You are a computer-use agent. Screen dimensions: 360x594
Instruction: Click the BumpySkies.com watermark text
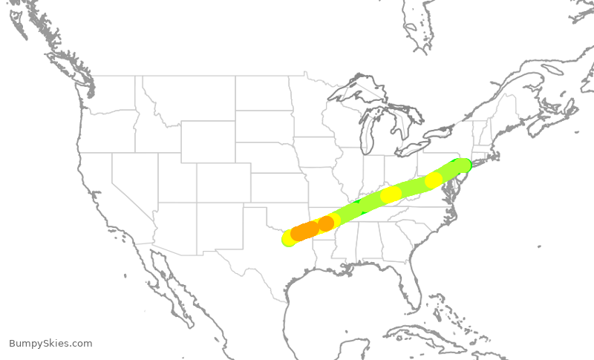click(x=50, y=343)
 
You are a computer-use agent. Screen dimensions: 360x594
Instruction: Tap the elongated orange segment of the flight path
click(x=304, y=231)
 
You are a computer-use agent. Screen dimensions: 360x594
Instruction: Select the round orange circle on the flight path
click(x=325, y=223)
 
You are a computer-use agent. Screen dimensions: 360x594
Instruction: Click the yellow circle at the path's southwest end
click(x=290, y=238)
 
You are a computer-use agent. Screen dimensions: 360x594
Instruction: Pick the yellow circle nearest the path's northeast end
click(x=434, y=180)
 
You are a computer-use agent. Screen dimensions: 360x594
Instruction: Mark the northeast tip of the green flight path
click(x=463, y=164)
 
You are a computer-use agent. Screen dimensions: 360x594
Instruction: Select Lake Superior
click(x=349, y=90)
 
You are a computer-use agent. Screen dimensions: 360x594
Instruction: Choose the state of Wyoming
click(x=208, y=141)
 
